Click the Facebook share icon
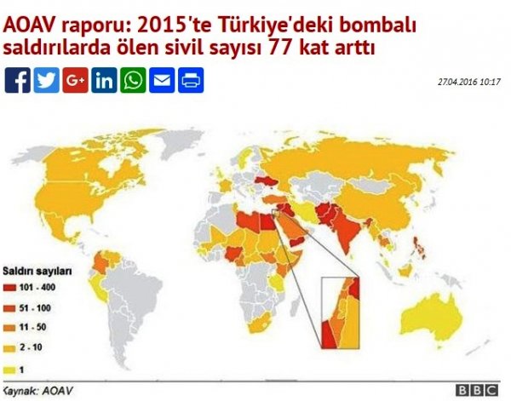(17, 80)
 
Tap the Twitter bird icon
(46, 80)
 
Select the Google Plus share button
(75, 80)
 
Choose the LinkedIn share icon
(104, 80)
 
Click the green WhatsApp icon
(133, 80)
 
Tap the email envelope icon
(162, 80)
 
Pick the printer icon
(191, 80)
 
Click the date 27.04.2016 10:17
(468, 82)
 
